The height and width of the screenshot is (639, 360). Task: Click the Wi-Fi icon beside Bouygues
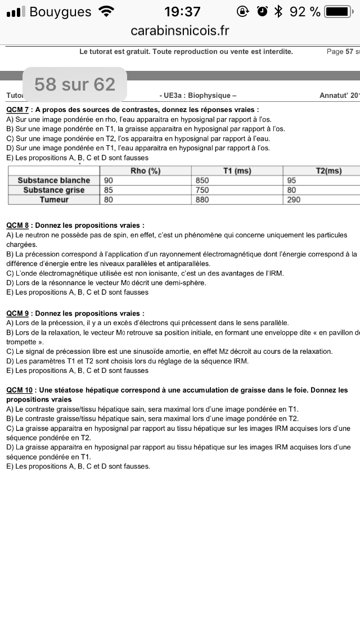[x=105, y=12]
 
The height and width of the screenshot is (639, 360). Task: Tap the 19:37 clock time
[x=182, y=12]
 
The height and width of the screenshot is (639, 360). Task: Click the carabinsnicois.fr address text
[x=180, y=30]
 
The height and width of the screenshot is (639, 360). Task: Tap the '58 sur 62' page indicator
[x=75, y=84]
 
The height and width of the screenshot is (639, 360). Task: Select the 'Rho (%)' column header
[x=146, y=171]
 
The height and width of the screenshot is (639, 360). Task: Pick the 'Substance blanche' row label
[x=54, y=181]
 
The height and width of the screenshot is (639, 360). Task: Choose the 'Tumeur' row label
[x=54, y=200]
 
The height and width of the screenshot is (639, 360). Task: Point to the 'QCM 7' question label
[x=17, y=110]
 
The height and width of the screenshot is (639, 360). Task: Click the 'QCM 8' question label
[x=17, y=226]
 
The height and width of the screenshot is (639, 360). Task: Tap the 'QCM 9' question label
[x=17, y=313]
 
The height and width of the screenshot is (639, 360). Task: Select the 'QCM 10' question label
[x=20, y=390]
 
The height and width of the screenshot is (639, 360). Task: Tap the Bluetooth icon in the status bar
[x=278, y=12]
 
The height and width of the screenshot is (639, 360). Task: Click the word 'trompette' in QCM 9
[x=21, y=342]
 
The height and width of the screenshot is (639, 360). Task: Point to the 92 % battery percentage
[x=305, y=12]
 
